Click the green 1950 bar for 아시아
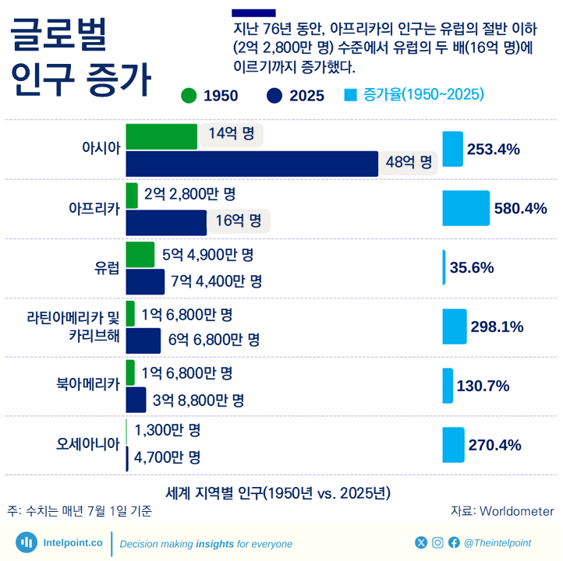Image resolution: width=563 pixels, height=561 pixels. click(161, 136)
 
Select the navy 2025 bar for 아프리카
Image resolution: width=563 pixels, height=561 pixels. click(166, 222)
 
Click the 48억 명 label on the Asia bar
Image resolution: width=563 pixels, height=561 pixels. click(409, 163)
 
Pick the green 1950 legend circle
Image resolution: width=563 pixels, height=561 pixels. click(188, 96)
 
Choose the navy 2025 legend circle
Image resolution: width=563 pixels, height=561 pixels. click(274, 96)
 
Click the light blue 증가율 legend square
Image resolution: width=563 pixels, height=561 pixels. click(350, 95)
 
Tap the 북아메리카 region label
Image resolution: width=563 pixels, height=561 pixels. click(87, 383)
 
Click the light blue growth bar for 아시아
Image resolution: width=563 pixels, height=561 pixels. click(452, 149)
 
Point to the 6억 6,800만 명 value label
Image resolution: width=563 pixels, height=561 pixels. click(214, 340)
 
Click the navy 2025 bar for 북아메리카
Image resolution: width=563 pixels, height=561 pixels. click(136, 400)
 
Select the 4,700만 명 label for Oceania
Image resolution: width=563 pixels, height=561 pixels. click(168, 457)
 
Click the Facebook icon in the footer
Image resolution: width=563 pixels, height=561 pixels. click(453, 542)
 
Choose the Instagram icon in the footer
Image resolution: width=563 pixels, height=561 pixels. click(437, 542)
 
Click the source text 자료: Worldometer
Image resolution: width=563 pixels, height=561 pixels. click(502, 511)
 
